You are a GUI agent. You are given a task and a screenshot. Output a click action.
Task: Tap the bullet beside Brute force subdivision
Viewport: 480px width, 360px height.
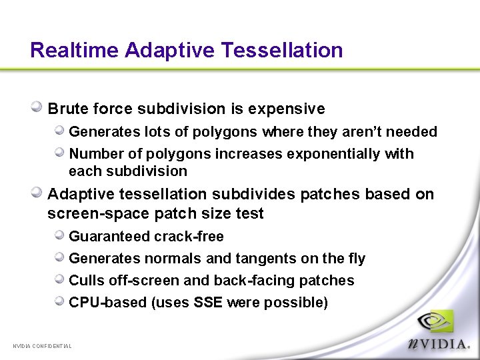click(37, 107)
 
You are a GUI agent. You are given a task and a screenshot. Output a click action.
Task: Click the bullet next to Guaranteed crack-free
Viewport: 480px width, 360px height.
click(59, 236)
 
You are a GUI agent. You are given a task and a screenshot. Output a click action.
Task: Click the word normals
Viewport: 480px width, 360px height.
click(163, 259)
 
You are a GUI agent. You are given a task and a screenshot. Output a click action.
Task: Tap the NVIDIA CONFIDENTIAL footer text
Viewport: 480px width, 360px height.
click(43, 345)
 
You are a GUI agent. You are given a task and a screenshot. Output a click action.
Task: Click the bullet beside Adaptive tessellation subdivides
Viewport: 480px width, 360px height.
click(37, 193)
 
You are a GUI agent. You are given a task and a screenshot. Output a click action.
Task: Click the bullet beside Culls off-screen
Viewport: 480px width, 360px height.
click(59, 280)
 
